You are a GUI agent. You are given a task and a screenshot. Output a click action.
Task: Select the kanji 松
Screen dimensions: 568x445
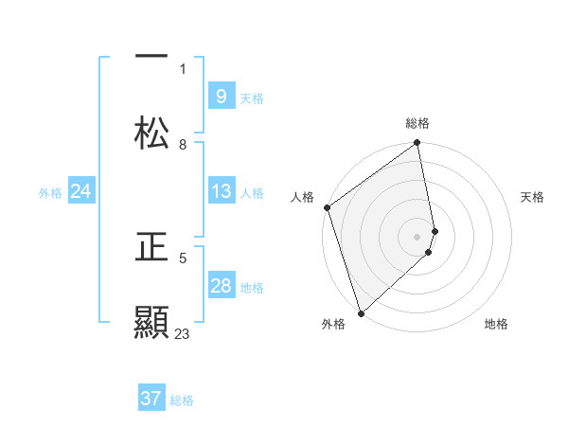[151, 133]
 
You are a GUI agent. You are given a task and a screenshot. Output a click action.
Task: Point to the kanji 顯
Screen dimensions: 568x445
[151, 323]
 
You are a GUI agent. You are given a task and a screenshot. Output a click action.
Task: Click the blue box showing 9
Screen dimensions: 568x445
[221, 96]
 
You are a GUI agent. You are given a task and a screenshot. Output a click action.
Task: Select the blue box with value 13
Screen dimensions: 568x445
[221, 191]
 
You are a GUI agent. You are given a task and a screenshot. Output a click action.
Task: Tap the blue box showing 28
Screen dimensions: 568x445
[221, 286]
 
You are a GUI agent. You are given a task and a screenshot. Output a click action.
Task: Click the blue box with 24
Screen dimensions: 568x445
[80, 191]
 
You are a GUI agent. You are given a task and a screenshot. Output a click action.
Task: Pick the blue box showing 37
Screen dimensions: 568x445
[151, 399]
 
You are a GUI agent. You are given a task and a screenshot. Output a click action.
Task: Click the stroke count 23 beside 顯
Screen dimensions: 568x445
[182, 334]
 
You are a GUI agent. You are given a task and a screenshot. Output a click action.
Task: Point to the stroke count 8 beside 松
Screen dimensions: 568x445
[183, 145]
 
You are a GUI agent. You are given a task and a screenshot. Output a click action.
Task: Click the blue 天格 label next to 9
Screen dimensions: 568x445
[252, 98]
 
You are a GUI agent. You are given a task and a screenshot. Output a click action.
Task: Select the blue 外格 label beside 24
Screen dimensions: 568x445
[50, 193]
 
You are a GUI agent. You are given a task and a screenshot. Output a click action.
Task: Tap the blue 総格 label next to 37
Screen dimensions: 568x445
[182, 400]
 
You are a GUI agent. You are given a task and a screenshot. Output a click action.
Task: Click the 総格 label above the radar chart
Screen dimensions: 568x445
[417, 123]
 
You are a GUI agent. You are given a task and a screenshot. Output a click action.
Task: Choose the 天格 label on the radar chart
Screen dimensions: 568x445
[533, 197]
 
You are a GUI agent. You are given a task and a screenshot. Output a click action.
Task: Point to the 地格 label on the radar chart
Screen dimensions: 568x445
[496, 324]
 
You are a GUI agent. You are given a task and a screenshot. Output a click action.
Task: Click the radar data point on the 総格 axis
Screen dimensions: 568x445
[417, 144]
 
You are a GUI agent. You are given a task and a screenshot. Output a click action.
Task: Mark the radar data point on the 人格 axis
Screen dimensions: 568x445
[327, 207]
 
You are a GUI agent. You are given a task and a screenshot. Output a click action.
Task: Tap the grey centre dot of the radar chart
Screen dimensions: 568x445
[417, 237]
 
